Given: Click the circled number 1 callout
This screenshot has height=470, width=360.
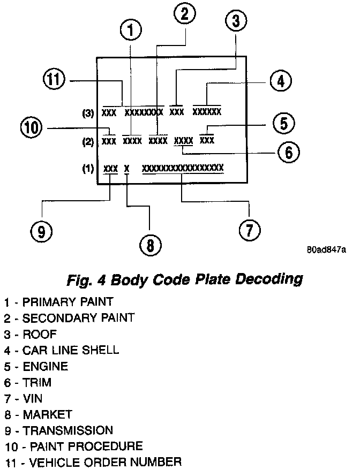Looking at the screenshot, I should pyautogui.click(x=131, y=30).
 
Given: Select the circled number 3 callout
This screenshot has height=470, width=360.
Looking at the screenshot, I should pyautogui.click(x=236, y=22).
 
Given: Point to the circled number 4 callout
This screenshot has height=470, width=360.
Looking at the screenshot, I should pyautogui.click(x=280, y=82).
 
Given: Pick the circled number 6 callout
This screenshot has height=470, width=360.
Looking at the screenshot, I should pyautogui.click(x=288, y=152).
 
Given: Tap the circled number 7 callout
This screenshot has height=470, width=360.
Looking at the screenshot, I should pyautogui.click(x=249, y=230).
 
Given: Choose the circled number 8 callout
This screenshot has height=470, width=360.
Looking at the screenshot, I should pyautogui.click(x=150, y=245).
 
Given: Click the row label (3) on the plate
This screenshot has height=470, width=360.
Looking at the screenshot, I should pyautogui.click(x=88, y=113).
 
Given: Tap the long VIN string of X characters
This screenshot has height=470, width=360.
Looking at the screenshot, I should pyautogui.click(x=183, y=168).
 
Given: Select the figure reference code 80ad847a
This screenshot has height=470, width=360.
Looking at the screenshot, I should pyautogui.click(x=327, y=251).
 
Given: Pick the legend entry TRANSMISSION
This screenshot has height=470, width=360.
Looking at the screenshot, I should pyautogui.click(x=67, y=430).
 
